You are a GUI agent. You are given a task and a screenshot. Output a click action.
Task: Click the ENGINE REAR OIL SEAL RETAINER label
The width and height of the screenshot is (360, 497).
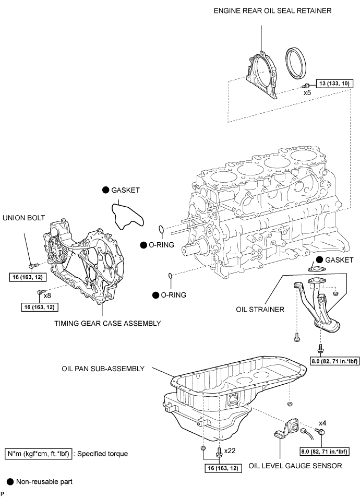tap(272, 11)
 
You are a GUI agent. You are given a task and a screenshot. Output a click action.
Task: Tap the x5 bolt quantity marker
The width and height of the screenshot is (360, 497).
tap(307, 93)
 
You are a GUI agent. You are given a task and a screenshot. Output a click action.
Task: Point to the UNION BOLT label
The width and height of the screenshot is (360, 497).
tap(24, 218)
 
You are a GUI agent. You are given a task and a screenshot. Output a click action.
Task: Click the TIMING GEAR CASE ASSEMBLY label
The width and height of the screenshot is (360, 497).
tap(108, 324)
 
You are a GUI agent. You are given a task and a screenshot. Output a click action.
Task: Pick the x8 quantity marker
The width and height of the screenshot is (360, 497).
tap(47, 295)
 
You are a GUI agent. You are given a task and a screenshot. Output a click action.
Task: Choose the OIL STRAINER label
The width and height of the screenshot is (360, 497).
tap(260, 310)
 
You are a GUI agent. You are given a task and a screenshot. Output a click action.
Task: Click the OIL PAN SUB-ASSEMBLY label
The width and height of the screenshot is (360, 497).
tap(103, 369)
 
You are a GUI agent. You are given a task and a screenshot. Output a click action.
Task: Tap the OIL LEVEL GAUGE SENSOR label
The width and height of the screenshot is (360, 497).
tap(295, 466)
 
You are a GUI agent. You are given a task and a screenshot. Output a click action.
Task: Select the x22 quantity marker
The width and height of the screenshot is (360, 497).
tap(230, 451)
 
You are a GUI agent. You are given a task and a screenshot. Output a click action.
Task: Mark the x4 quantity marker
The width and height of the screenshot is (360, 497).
tap(322, 423)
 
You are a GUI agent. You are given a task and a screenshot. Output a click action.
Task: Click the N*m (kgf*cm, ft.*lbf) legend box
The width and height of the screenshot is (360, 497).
tap(38, 454)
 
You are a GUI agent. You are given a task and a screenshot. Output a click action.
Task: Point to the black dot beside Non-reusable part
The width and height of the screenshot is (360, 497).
tap(10, 482)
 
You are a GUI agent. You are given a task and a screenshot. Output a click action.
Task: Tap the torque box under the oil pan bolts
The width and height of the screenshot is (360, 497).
tap(223, 468)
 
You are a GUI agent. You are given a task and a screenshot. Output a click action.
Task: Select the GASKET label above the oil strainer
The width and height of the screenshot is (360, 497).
tap(340, 260)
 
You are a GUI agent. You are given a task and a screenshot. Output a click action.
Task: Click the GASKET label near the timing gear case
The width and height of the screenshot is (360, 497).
tap(126, 190)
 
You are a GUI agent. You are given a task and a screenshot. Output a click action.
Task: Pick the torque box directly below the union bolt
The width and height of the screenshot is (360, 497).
tap(28, 277)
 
